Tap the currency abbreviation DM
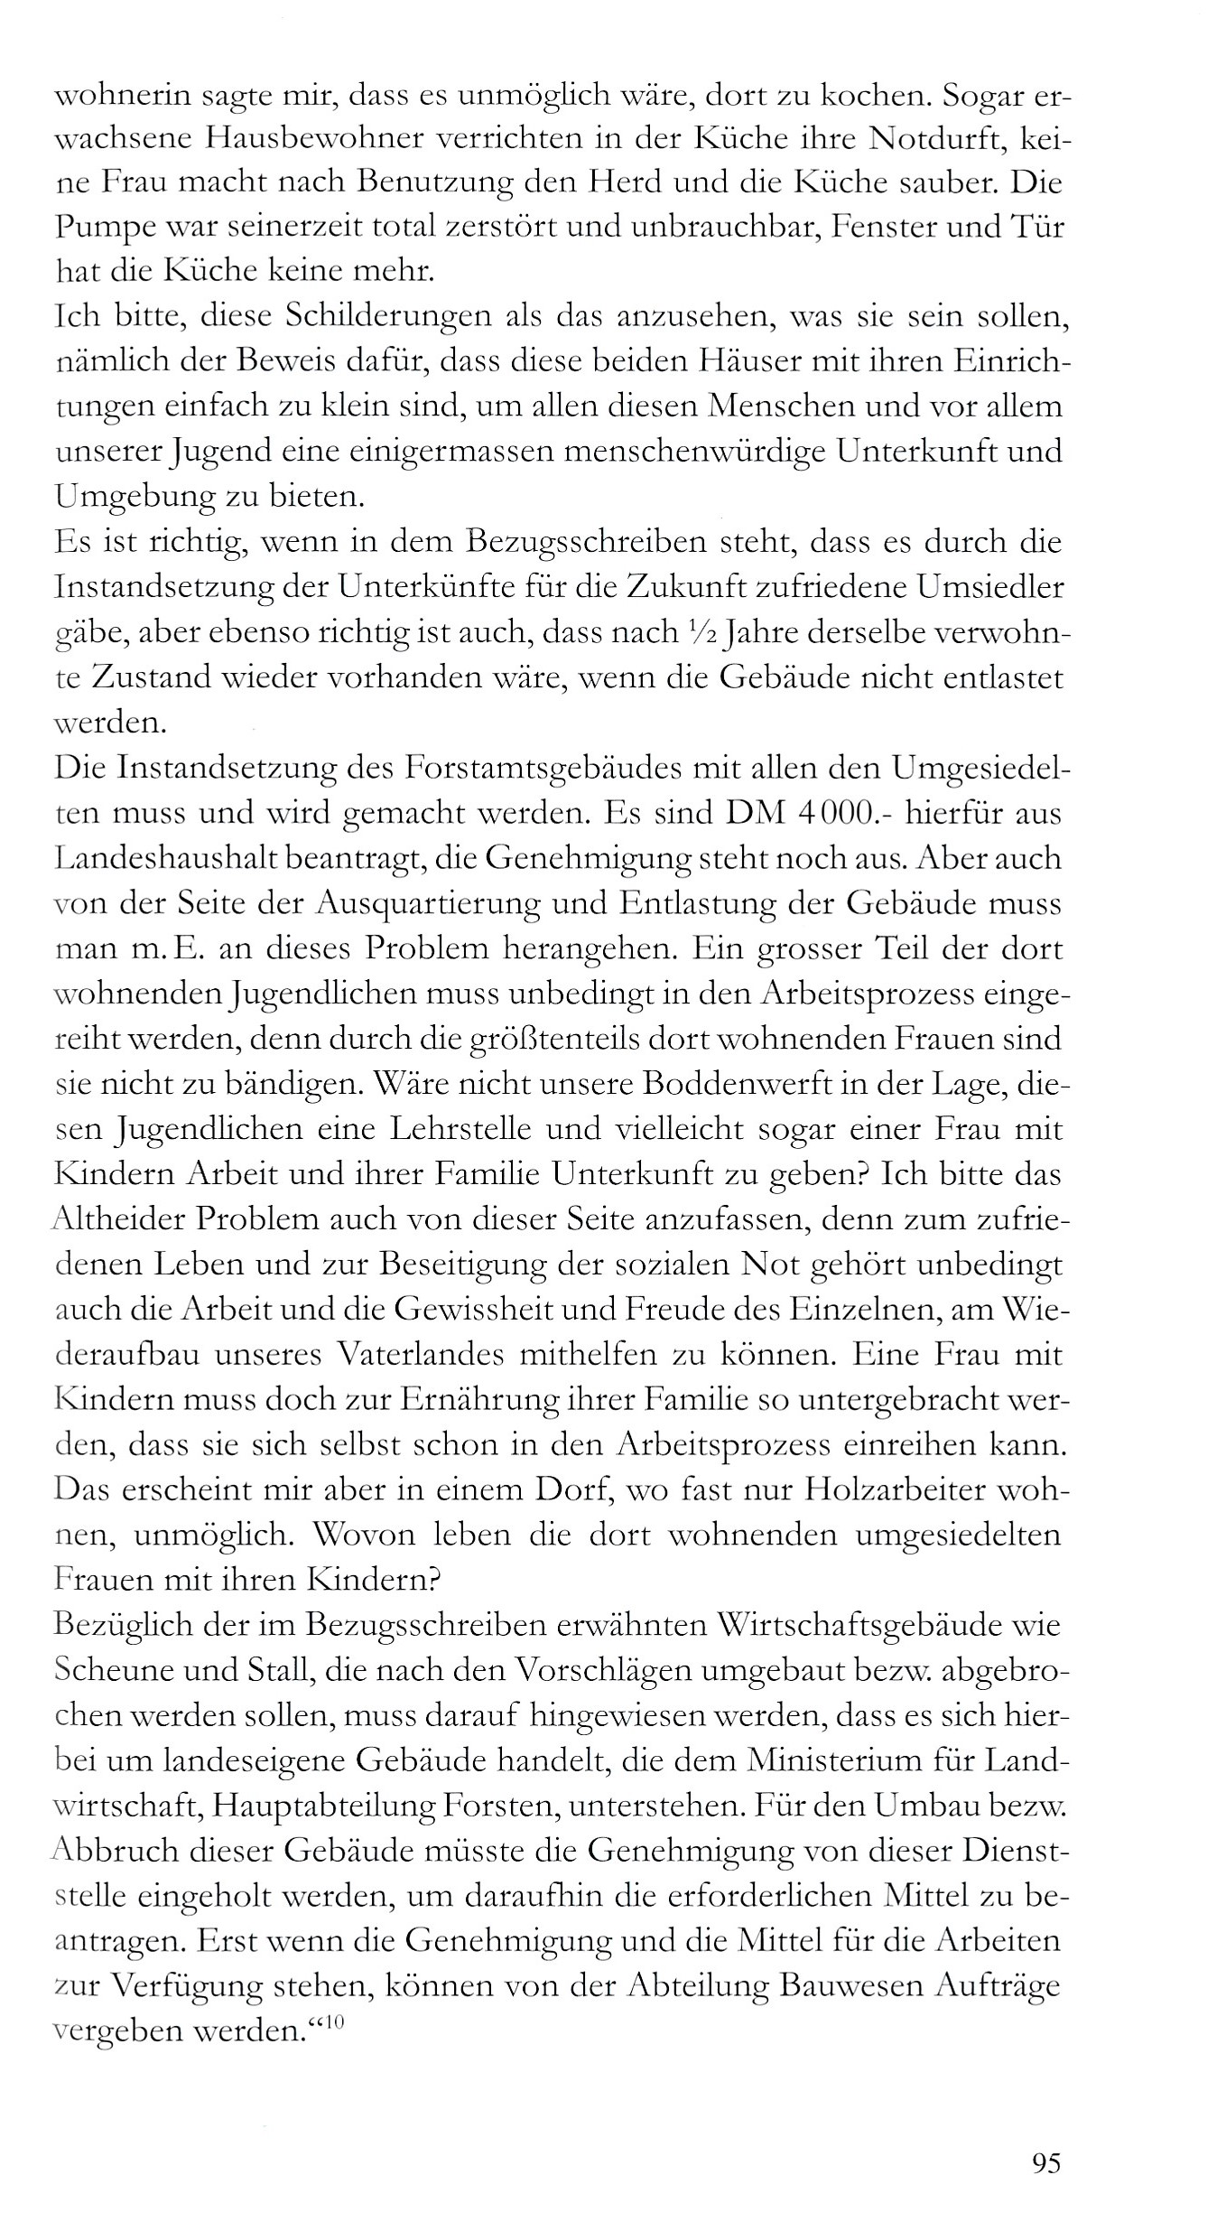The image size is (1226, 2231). [x=758, y=813]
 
